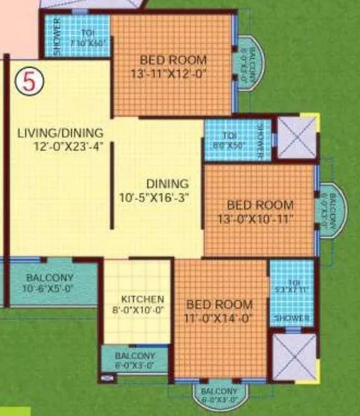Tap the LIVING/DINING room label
[x=60, y=132]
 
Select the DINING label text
[x=167, y=183]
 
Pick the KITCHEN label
[x=143, y=299]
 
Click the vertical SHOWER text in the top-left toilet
[x=58, y=36]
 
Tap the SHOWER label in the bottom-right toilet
[x=292, y=319]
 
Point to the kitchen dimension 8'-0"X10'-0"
[x=143, y=309]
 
